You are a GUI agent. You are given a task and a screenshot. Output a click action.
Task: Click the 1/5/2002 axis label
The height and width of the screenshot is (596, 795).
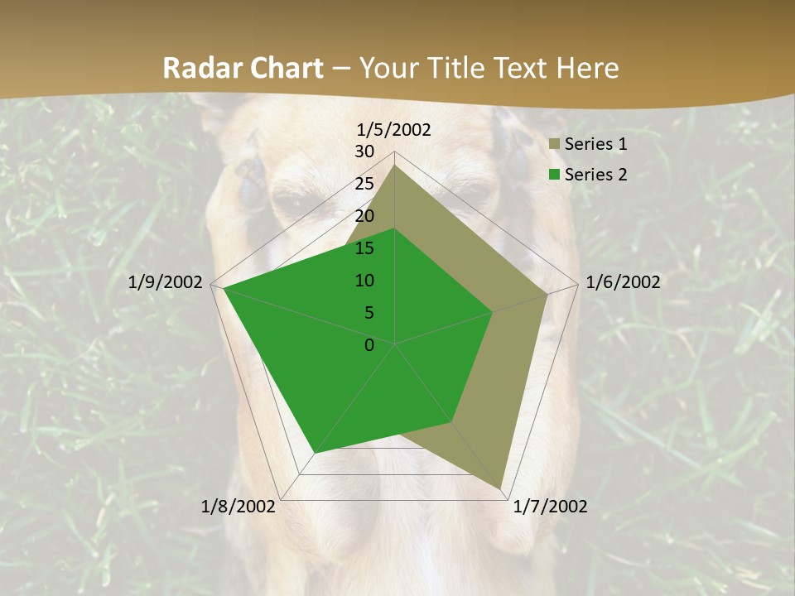pyautogui.click(x=393, y=129)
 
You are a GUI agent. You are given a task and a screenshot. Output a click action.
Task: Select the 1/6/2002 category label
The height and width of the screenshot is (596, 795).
pyautogui.click(x=623, y=282)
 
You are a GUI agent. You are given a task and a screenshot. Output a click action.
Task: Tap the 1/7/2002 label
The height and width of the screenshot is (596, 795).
pyautogui.click(x=550, y=507)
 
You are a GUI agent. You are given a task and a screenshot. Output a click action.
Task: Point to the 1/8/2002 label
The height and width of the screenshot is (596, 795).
pyautogui.click(x=238, y=507)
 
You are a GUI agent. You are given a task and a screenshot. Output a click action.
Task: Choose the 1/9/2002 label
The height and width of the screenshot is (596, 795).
pyautogui.click(x=166, y=282)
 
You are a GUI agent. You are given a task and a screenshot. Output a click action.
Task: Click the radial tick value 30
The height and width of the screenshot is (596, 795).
pyautogui.click(x=364, y=151)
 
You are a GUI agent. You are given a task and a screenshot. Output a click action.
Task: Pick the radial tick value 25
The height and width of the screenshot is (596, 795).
pyautogui.click(x=364, y=184)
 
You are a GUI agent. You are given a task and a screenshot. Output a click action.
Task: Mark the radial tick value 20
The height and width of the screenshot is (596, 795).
pyautogui.click(x=364, y=216)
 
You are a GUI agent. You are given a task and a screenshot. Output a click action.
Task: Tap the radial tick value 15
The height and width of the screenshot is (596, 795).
pyautogui.click(x=364, y=248)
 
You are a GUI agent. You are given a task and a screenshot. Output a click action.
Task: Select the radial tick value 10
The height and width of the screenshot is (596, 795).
pyautogui.click(x=364, y=281)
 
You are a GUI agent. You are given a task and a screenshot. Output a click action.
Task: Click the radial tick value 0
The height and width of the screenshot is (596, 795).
pyautogui.click(x=369, y=345)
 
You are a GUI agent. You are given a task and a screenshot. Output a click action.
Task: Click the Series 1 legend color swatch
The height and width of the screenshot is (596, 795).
pyautogui.click(x=554, y=145)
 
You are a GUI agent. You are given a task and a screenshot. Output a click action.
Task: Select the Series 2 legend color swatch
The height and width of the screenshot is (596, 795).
pyautogui.click(x=554, y=175)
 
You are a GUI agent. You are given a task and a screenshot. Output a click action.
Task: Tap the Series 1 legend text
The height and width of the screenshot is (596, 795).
pyautogui.click(x=595, y=144)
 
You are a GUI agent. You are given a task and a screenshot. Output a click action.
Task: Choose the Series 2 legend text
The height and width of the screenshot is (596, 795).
pyautogui.click(x=595, y=174)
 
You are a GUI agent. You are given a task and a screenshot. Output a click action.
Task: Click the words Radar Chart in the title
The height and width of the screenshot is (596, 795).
pyautogui.click(x=243, y=68)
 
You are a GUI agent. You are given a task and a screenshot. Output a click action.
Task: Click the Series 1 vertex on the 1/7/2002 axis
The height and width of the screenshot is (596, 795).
pyautogui.click(x=501, y=488)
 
